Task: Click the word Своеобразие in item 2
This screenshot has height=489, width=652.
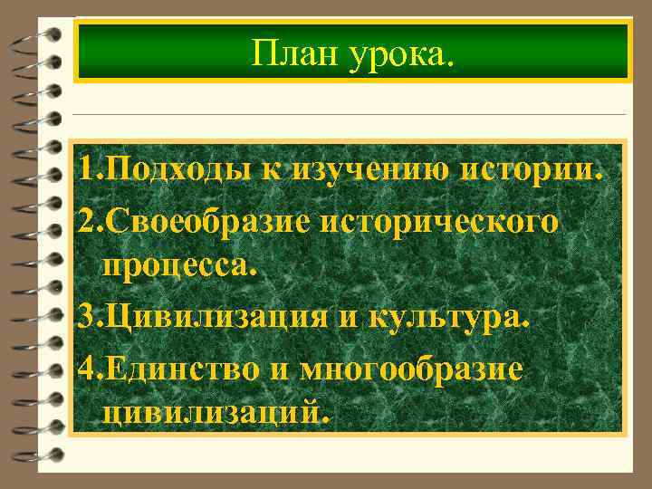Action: click(214, 222)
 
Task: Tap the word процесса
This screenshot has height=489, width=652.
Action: click(181, 267)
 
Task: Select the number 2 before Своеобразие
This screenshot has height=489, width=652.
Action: click(85, 222)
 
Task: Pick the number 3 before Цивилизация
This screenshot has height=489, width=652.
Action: click(85, 318)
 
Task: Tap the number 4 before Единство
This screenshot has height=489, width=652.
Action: click(85, 369)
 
